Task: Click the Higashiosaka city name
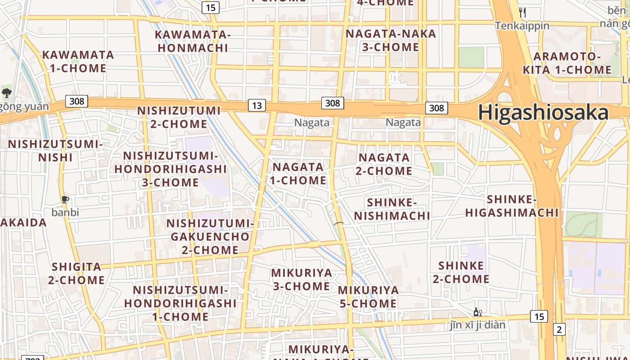pos(543,112)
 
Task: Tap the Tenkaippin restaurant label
pos(522,26)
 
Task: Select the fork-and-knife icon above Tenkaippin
pos(522,12)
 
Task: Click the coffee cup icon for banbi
pos(65,199)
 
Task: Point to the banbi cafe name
pos(65,212)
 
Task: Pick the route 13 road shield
pos(256,106)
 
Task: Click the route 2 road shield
pos(559,329)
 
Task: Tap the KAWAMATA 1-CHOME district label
pos(78,62)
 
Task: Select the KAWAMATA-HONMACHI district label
pos(193,41)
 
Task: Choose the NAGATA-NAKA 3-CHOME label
pos(391,40)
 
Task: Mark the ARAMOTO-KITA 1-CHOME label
pos(567,63)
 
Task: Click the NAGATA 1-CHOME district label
pos(298,173)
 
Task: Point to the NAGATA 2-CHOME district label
pos(384,164)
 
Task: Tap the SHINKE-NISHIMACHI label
pos(391,209)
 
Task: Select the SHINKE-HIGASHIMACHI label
pos(512,206)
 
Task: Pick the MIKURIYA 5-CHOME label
pos(368,297)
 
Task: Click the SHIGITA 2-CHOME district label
pos(76,273)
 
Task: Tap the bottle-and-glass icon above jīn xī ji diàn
pos(477,312)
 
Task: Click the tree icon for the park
pos(6,93)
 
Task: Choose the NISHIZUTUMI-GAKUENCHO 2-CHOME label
pos(210,236)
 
